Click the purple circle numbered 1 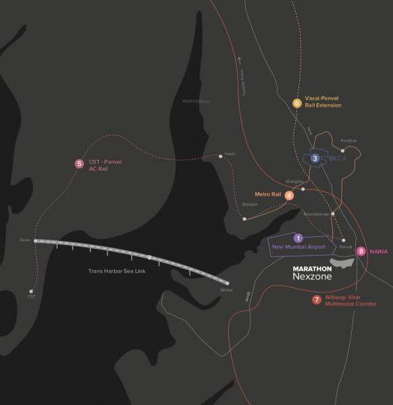[x=298, y=238]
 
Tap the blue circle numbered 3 [x=315, y=158]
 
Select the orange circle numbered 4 [x=289, y=195]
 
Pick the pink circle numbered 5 [x=79, y=163]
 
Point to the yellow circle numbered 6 [x=296, y=103]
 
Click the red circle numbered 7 [x=317, y=300]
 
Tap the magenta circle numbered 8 [x=362, y=251]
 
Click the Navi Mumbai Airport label [x=298, y=247]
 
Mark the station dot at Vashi [x=221, y=157]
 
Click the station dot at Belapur [x=244, y=218]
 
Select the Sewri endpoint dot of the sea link [x=34, y=240]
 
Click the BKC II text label [x=328, y=158]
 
